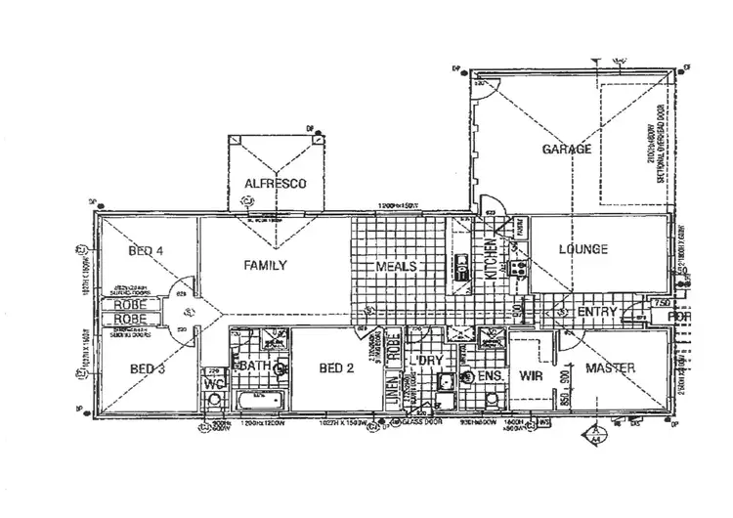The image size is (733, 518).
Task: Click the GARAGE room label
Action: point(567,150)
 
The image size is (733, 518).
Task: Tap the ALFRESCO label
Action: point(277,184)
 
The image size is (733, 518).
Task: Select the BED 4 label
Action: point(146,251)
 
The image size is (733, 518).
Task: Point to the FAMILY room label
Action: point(265,264)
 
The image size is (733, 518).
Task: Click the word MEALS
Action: point(398,266)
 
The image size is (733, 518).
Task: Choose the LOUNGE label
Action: point(583,249)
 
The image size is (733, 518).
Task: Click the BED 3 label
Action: point(146,367)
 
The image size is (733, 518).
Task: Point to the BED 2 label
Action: point(335,367)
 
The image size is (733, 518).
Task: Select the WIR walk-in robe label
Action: point(531,374)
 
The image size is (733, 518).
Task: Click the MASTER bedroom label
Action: point(612,367)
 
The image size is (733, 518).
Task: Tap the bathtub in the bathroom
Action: point(257,401)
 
